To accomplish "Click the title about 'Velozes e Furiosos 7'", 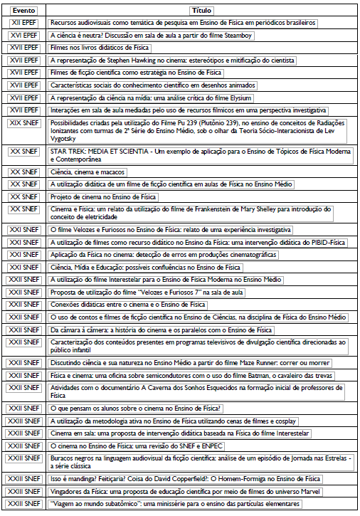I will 157,293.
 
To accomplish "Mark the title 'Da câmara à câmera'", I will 161,330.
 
